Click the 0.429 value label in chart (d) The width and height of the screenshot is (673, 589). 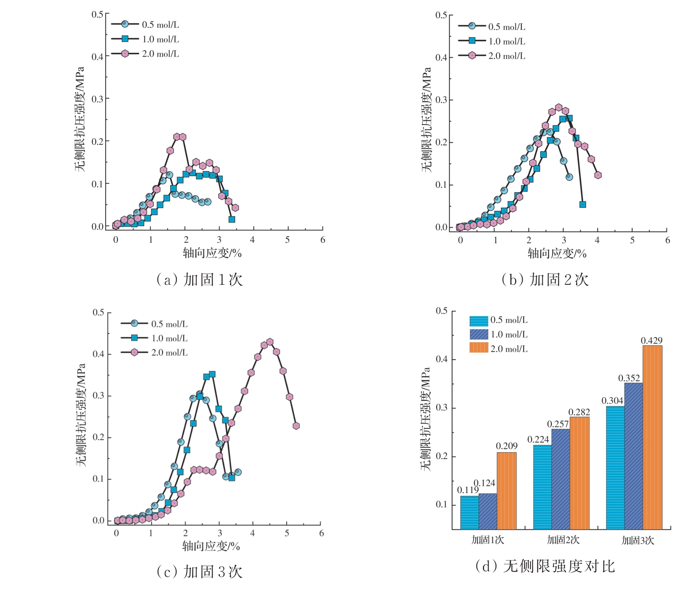point(651,341)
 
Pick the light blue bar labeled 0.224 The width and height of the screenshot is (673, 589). point(542,487)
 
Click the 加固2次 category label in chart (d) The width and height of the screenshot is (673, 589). point(563,540)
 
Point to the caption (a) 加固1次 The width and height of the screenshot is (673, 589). point(199,280)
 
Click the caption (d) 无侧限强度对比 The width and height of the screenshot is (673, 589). point(545,566)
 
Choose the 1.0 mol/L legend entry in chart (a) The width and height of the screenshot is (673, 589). point(145,39)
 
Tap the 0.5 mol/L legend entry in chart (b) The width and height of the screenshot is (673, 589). point(492,27)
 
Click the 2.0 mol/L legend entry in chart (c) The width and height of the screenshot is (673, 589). point(154,352)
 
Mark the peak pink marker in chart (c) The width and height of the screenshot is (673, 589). point(270,342)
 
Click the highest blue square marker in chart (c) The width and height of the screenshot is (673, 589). point(212,374)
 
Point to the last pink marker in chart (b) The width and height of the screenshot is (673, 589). point(598,175)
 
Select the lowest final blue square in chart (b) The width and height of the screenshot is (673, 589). point(582,204)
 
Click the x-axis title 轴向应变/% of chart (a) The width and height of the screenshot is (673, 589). point(212,253)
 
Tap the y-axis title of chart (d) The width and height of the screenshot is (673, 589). point(426,419)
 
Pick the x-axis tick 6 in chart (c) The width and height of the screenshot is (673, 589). point(321,533)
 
